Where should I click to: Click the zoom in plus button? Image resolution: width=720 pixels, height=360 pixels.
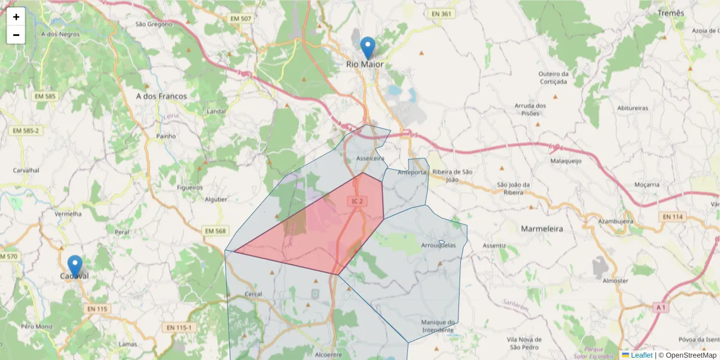click(x=16, y=17)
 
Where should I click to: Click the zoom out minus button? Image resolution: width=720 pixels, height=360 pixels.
click(x=16, y=35)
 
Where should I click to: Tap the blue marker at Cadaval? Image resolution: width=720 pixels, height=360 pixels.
click(x=75, y=266)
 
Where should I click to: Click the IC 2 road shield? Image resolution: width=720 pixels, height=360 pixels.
click(x=357, y=201)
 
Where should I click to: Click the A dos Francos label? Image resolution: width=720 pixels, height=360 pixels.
click(x=161, y=96)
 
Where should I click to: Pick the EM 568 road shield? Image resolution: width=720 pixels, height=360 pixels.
click(x=215, y=231)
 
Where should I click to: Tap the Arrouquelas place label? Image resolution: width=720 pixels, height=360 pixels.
click(x=439, y=245)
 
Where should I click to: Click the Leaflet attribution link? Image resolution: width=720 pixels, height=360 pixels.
click(x=641, y=355)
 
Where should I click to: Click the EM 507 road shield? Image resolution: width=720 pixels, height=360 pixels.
click(x=241, y=19)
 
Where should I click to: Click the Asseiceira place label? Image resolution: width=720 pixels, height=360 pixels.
click(x=370, y=158)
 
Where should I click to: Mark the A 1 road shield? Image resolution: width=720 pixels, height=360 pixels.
click(x=661, y=308)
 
